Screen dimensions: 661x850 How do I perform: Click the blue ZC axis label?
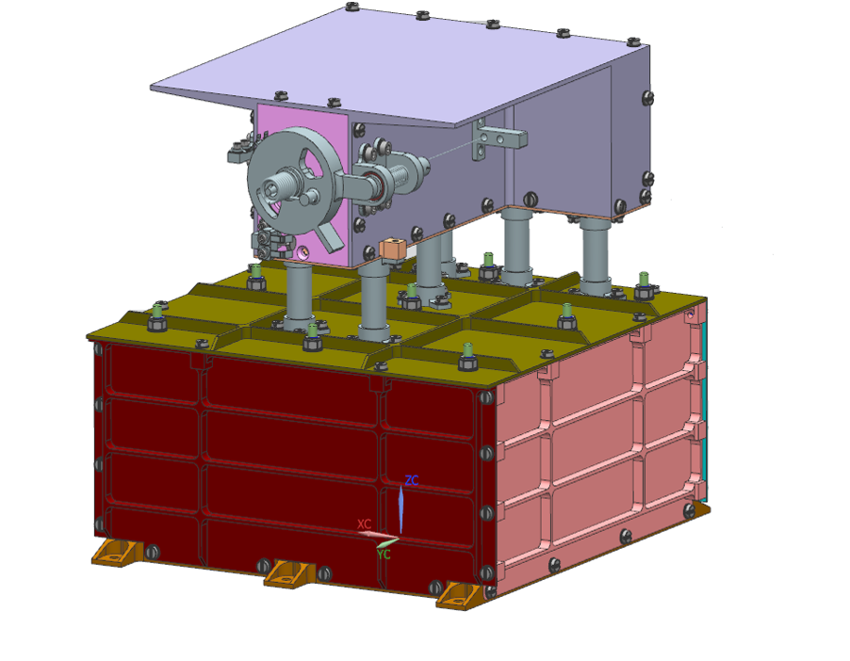tap(412, 480)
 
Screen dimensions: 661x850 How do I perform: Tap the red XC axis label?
tap(364, 524)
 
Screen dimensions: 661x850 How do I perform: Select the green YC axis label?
tap(384, 555)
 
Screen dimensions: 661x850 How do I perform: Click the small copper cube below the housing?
tap(391, 250)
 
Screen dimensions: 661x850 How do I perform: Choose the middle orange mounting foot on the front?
tap(288, 572)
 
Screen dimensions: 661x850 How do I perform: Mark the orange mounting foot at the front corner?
tap(461, 592)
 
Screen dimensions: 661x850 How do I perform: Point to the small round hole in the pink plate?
tap(303, 252)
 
